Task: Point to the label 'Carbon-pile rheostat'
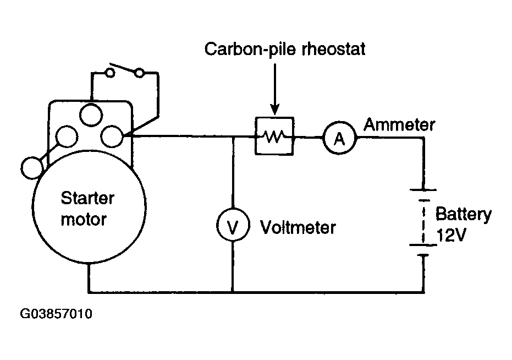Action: click(285, 49)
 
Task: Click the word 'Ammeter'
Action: click(399, 124)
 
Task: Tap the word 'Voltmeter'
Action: click(298, 227)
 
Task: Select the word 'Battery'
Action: click(464, 214)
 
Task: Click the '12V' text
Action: click(451, 234)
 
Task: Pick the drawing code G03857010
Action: click(56, 314)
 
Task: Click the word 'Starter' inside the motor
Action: click(87, 198)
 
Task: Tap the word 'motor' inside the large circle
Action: click(84, 220)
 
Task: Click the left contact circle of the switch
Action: click(110, 72)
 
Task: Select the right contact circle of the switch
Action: click(140, 73)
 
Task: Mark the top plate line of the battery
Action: click(423, 190)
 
